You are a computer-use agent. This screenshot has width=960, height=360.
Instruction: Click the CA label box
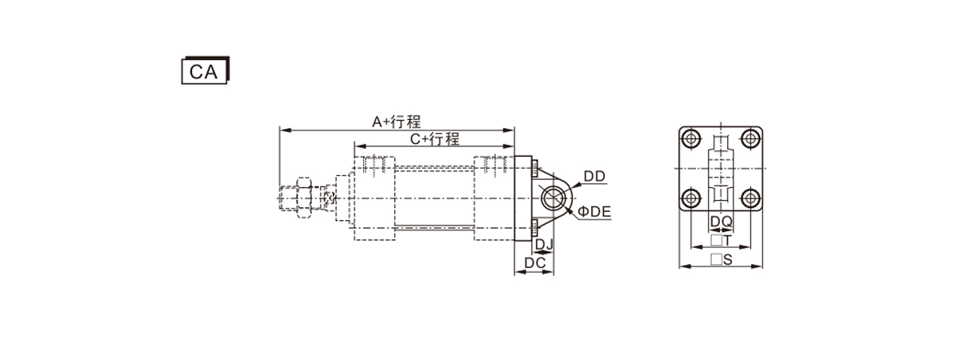(x=206, y=70)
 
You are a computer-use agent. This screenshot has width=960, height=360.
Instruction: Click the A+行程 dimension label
(x=397, y=122)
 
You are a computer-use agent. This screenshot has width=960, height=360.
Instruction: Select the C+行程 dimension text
(x=434, y=139)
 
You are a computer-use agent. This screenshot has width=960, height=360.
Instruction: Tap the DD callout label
(x=594, y=176)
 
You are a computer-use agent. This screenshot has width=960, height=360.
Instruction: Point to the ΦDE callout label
(x=594, y=211)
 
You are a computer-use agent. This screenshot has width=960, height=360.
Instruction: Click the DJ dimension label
(x=544, y=244)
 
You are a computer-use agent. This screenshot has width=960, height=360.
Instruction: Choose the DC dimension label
(x=535, y=263)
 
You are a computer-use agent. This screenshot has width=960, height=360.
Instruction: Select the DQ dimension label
(x=722, y=222)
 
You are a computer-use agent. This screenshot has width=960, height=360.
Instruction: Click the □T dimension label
(x=721, y=241)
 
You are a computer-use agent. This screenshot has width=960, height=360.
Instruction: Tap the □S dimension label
(x=722, y=259)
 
